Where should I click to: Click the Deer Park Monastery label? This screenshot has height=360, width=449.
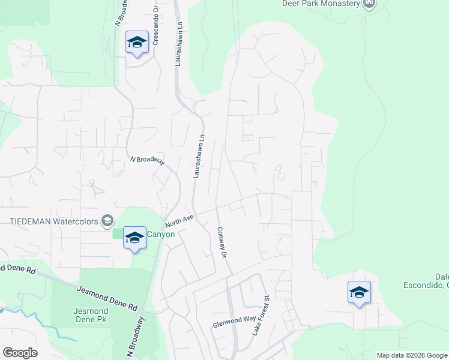coord(321,3)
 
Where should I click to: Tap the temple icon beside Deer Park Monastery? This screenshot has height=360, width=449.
coord(370,4)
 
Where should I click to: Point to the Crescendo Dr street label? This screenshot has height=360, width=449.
coord(155,26)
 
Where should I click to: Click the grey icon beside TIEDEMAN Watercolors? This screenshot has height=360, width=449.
coord(107,221)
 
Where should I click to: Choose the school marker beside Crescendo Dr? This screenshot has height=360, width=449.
coord(137,43)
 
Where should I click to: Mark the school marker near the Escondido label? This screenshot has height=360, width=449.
coord(359,293)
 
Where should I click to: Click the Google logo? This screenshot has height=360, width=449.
coord(20,353)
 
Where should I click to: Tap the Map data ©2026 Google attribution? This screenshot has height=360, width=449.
coord(412,355)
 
